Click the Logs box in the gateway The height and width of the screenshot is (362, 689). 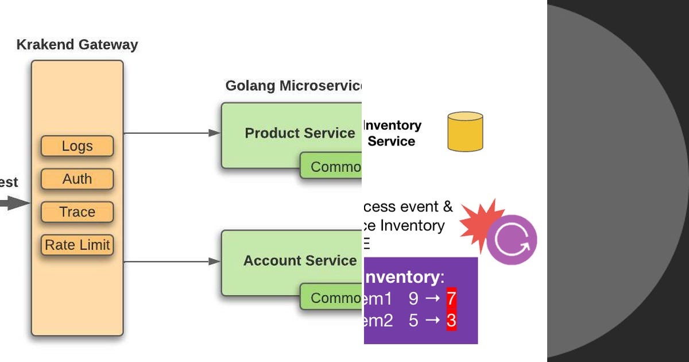coord(77,146)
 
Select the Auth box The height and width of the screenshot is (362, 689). coord(77,179)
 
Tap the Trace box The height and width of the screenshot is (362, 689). coord(77,212)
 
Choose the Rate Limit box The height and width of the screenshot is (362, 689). coord(77,245)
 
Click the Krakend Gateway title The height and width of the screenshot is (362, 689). coord(77,44)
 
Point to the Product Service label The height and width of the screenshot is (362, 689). coord(300,133)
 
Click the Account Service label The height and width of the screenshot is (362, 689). coord(300,261)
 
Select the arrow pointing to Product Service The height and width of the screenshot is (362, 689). coord(172,133)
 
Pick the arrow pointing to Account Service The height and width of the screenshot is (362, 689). coord(172,261)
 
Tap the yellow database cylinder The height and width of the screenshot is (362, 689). coord(465,132)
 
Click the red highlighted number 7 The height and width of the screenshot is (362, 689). coord(451,299)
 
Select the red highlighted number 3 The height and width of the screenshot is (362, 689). coord(451,321)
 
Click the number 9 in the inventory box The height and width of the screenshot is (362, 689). coord(413,299)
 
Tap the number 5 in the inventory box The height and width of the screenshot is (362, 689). coord(413,321)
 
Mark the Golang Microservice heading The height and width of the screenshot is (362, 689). coord(293,86)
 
